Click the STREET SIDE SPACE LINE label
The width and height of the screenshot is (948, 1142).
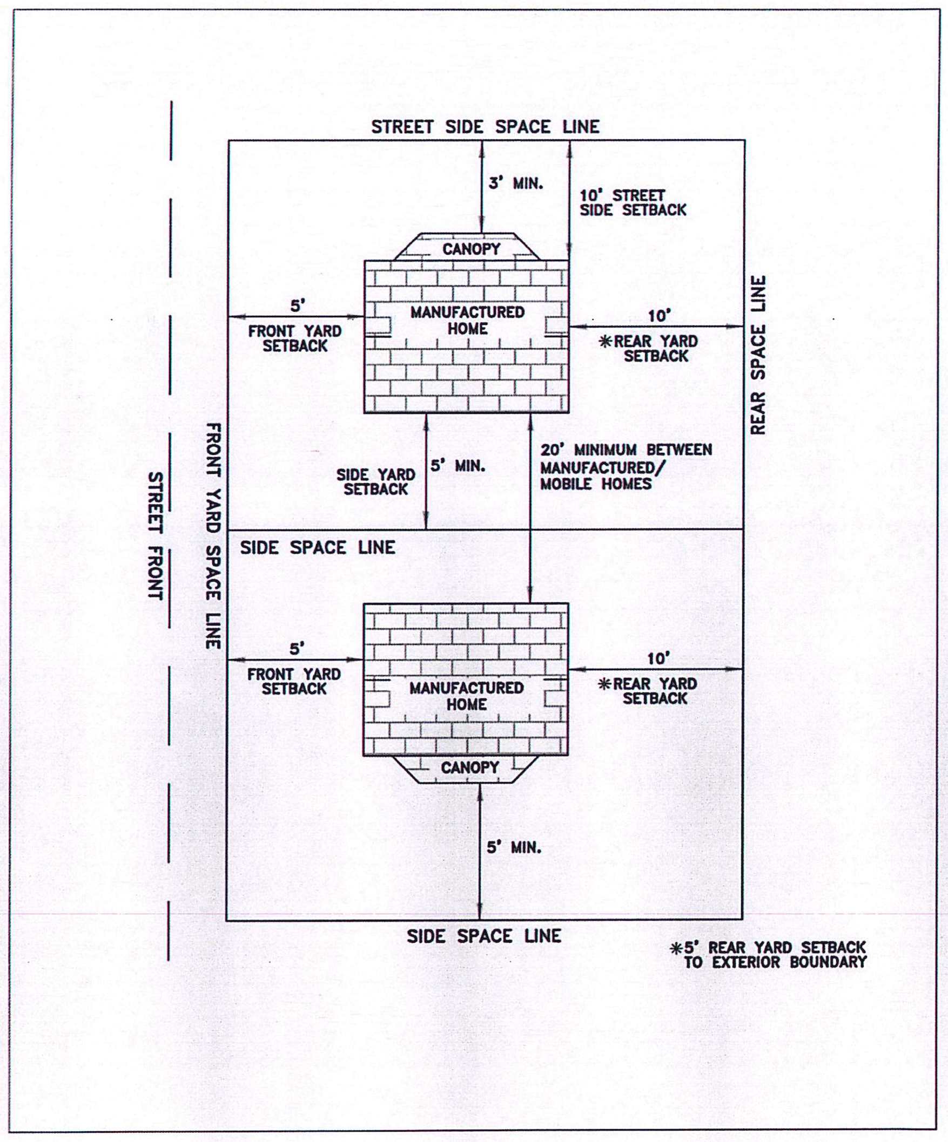click(x=485, y=127)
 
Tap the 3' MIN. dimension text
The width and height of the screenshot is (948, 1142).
click(x=515, y=183)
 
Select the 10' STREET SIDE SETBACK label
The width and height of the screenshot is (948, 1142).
click(x=633, y=203)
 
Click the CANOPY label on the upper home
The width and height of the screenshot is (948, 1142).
click(x=470, y=249)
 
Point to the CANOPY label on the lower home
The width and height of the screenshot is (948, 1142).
click(x=469, y=767)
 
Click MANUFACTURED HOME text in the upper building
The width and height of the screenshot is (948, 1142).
click(x=467, y=320)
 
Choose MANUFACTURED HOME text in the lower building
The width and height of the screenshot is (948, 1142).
click(x=466, y=696)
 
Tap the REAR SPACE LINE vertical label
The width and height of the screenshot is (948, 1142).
click(x=758, y=355)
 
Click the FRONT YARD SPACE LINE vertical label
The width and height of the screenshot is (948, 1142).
click(x=213, y=536)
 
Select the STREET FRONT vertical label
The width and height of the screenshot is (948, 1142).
click(x=156, y=536)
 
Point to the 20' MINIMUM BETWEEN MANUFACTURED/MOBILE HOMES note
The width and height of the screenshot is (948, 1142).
click(x=626, y=467)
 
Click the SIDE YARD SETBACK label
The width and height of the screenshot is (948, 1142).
click(x=375, y=482)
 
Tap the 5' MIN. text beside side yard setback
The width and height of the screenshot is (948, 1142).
click(x=458, y=466)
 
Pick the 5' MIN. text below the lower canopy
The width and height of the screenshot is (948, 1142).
click(x=514, y=847)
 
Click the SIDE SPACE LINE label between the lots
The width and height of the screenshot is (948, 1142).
click(x=317, y=548)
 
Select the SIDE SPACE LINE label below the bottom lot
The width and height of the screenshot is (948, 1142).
click(x=484, y=936)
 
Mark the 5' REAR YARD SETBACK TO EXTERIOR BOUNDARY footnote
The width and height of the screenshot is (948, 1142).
click(x=769, y=955)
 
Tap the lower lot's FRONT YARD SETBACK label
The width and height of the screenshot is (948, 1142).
click(x=294, y=682)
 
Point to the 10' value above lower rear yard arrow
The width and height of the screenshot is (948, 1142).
click(x=657, y=658)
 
